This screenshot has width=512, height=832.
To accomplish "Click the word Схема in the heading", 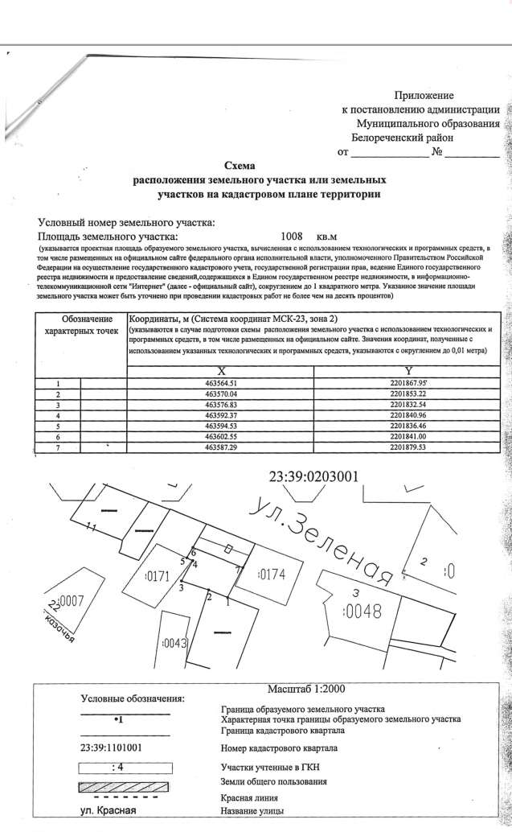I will coord(239,165).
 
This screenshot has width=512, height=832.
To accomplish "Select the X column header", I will coord(220,370).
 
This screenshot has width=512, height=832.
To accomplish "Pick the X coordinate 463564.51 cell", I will coord(220,384).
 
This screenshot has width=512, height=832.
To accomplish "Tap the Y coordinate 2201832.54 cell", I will coord(408,405).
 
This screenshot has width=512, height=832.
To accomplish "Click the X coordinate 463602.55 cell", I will coord(220,436).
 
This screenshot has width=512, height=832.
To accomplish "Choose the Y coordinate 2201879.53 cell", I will coord(408,447).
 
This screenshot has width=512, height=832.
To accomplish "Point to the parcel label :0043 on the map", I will coord(174,643).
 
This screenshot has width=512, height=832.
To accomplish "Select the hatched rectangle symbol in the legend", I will coord(124,784).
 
